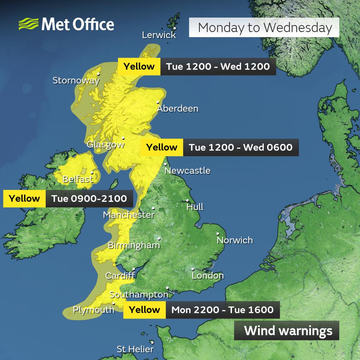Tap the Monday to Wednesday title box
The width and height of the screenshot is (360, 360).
(264, 27)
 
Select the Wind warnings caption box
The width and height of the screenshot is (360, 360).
(288, 330)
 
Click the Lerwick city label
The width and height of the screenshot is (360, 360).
(159, 35)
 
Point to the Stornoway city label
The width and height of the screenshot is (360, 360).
(76, 81)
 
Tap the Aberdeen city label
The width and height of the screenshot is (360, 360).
(178, 109)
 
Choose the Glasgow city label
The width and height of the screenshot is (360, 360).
(105, 144)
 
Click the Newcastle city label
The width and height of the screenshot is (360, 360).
(187, 171)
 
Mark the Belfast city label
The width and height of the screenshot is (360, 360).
(78, 179)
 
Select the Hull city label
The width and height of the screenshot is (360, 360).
(195, 207)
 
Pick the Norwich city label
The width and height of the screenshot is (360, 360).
(235, 240)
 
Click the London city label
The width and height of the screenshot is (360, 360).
(208, 276)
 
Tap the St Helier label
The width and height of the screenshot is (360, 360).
(135, 349)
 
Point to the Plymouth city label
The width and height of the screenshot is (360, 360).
(94, 310)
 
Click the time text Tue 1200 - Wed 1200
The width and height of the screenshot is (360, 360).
(218, 66)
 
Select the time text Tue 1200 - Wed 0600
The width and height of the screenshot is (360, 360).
(240, 147)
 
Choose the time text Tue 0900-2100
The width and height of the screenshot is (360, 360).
(89, 199)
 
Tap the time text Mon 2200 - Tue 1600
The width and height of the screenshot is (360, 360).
(223, 310)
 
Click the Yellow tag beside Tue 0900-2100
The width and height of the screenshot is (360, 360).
(24, 199)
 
